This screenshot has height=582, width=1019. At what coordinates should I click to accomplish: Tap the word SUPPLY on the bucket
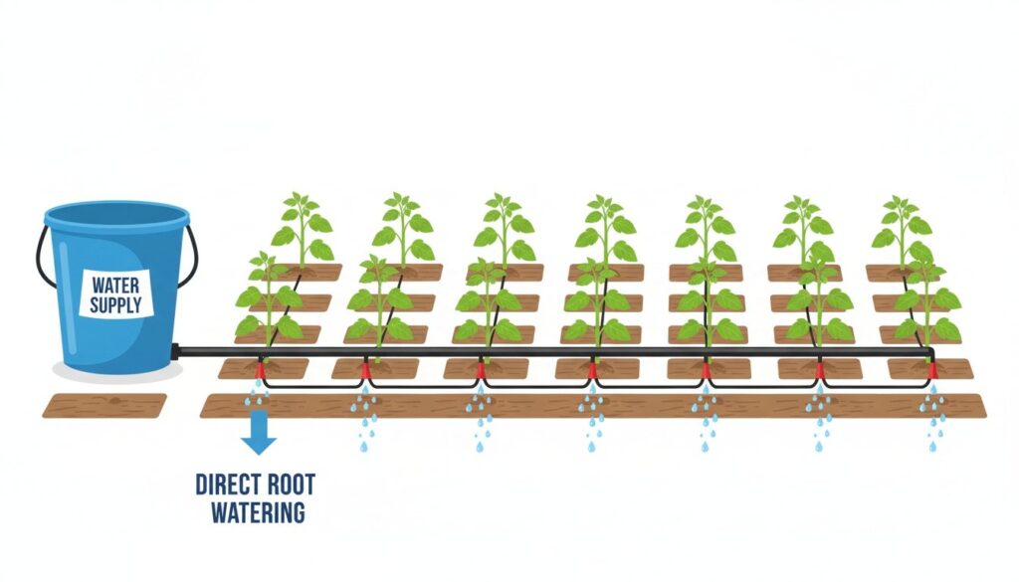point(116,304)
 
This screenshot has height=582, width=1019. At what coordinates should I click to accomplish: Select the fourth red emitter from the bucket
point(593,372)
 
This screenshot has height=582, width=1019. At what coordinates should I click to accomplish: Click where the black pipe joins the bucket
point(176,350)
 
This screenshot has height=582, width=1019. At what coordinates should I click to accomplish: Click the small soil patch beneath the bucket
point(104,405)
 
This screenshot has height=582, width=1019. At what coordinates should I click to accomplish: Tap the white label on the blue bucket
point(116,294)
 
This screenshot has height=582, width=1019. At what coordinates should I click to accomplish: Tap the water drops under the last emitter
point(933,418)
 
